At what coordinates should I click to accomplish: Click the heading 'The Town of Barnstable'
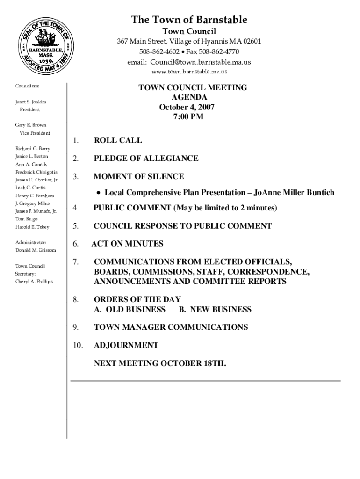click(x=189, y=20)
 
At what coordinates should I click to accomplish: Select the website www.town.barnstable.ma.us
click(x=189, y=72)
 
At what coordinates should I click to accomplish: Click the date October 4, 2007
click(x=187, y=107)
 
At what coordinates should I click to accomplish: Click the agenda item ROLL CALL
click(x=118, y=140)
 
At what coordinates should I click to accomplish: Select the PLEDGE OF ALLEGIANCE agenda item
click(x=146, y=159)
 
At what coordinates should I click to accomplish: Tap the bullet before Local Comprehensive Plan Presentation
click(x=99, y=193)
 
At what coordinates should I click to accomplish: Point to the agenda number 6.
click(x=75, y=244)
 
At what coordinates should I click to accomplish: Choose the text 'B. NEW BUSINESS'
click(x=215, y=309)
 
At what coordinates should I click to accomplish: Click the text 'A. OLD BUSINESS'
click(x=130, y=309)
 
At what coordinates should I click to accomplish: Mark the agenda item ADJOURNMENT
click(x=126, y=345)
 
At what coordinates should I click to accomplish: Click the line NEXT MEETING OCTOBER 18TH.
click(x=160, y=363)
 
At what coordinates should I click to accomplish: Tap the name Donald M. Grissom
click(x=36, y=250)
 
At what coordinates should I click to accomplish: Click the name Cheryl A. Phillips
click(x=34, y=282)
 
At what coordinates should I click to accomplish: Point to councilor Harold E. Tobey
click(x=32, y=227)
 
